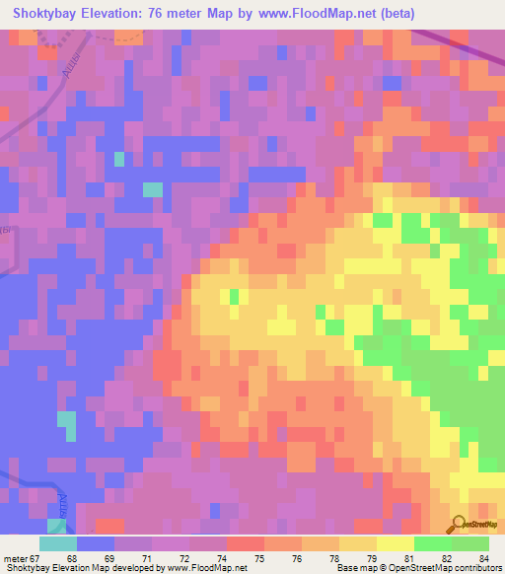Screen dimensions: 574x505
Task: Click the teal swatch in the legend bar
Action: pos(58,543)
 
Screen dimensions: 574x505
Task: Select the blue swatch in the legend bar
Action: pos(96,543)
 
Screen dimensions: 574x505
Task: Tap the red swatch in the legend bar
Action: pos(246,543)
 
